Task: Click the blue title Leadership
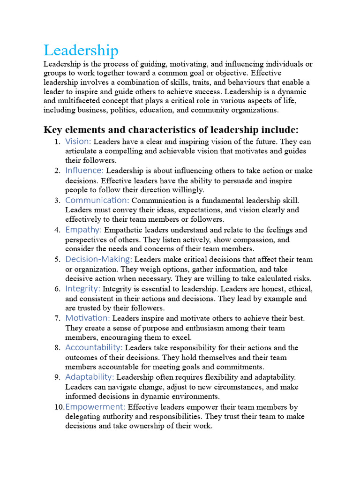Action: point(81,50)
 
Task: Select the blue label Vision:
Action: point(78,141)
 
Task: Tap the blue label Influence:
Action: point(84,171)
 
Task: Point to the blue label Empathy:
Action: point(83,230)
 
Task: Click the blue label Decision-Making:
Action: point(98,259)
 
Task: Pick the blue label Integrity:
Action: point(82,289)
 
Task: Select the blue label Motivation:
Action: point(88,318)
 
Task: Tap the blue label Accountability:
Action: point(94,347)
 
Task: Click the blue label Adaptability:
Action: point(90,377)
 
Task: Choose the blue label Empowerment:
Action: point(95,406)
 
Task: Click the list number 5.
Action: point(57,260)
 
